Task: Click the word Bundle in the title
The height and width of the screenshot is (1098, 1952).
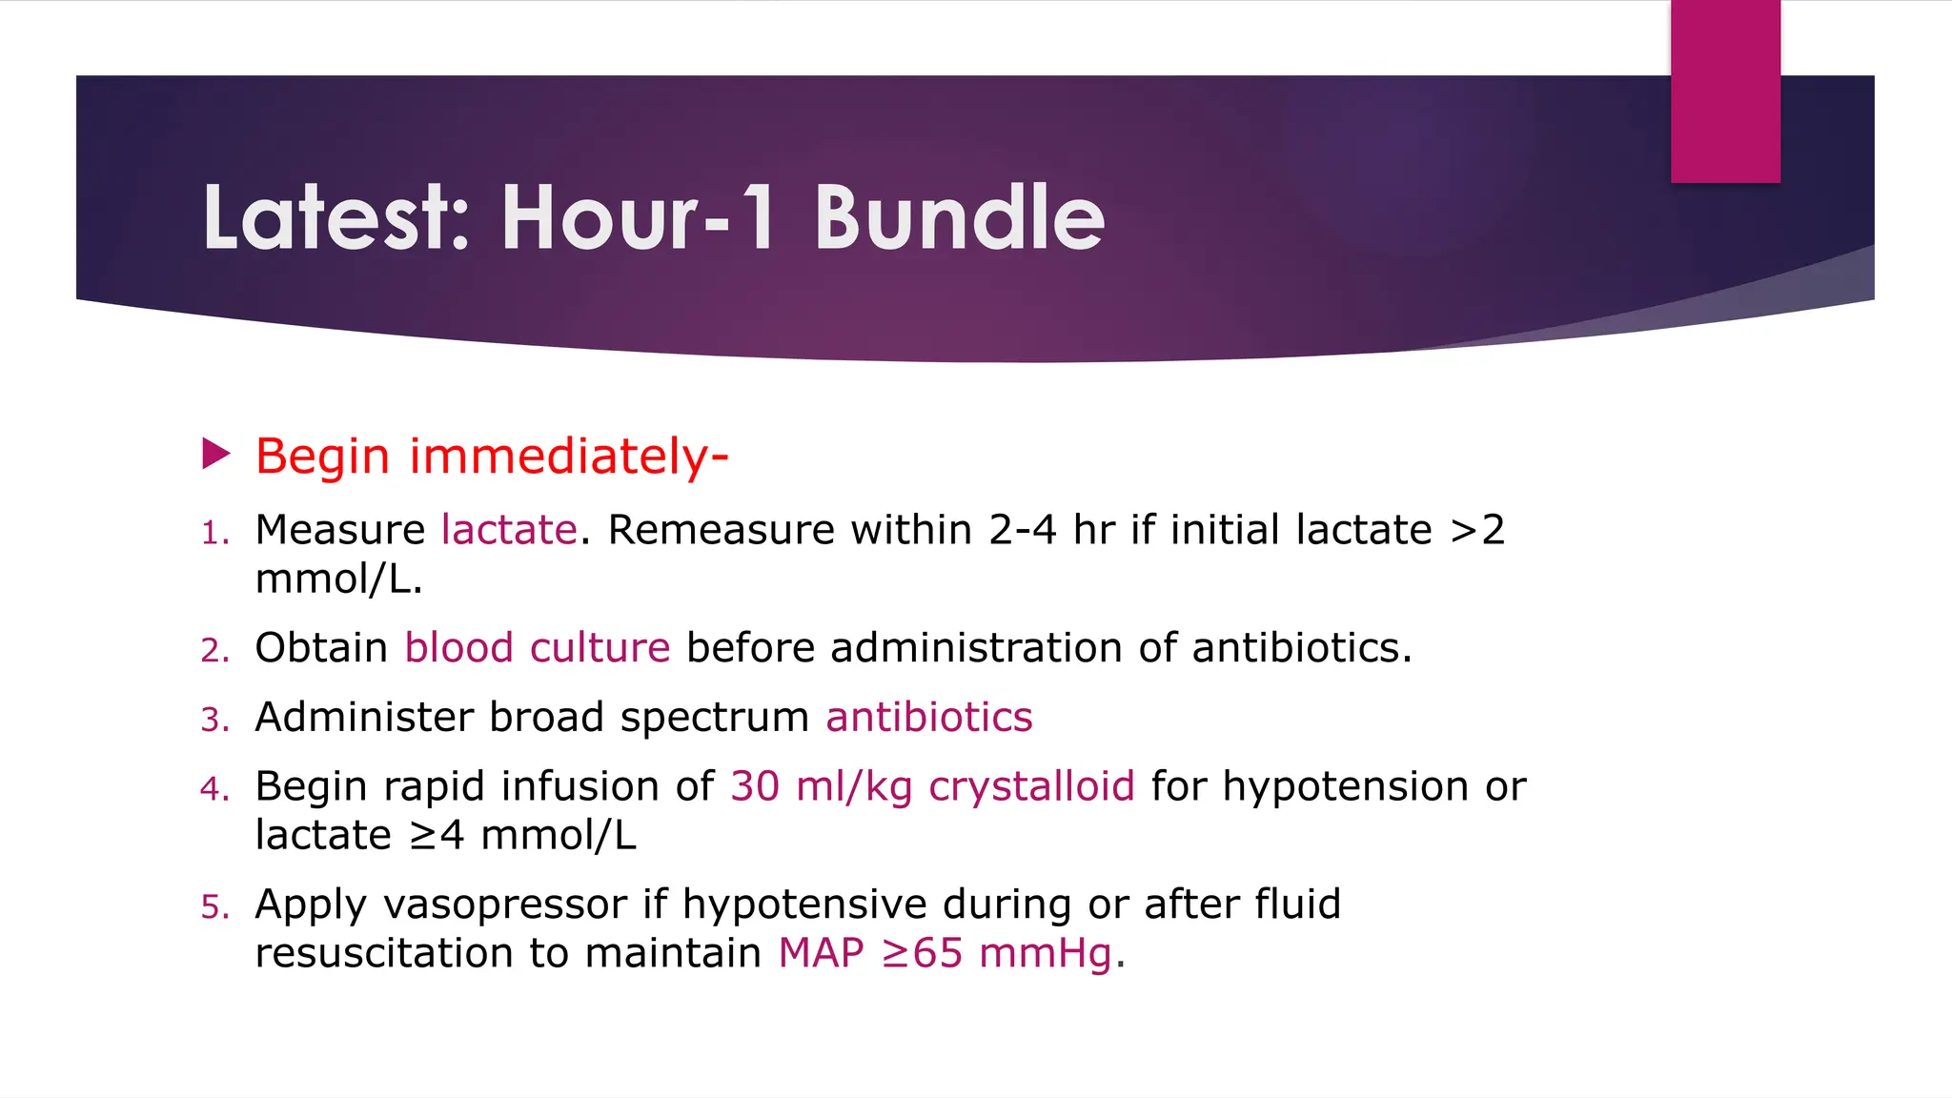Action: (x=959, y=218)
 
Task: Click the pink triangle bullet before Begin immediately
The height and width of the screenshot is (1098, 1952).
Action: (x=216, y=454)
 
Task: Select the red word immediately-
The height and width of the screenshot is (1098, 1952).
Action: (x=569, y=456)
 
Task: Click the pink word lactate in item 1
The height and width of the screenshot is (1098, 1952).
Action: (x=509, y=530)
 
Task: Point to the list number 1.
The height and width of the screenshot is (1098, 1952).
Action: (x=214, y=534)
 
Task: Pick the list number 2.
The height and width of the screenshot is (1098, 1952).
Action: (x=214, y=651)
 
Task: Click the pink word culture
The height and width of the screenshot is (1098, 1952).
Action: (x=600, y=648)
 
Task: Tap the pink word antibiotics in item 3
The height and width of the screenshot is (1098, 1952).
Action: (x=929, y=717)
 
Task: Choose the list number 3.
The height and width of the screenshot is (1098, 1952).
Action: (x=214, y=721)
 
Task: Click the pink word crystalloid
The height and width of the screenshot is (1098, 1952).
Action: (x=1031, y=787)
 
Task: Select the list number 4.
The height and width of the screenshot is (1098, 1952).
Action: (x=214, y=789)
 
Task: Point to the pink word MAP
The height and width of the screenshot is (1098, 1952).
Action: (x=821, y=953)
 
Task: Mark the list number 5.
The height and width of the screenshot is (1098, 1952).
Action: (x=214, y=907)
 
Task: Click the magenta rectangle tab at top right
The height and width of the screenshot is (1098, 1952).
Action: (x=1725, y=91)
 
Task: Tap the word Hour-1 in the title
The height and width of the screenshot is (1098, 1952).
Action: (x=639, y=218)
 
